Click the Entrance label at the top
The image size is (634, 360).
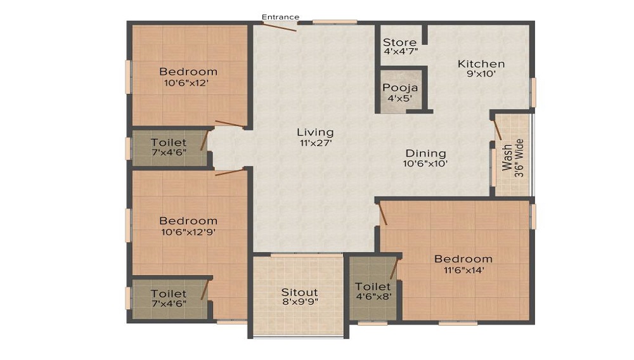[x=280, y=17]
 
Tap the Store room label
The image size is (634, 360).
[x=399, y=42]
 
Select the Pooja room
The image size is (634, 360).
[x=400, y=91]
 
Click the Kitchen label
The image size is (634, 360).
[x=481, y=64]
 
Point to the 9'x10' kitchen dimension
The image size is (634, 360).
[x=481, y=74]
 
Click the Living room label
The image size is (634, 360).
[x=315, y=132]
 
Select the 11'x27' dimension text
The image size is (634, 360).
[x=316, y=143]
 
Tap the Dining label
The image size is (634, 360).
[x=426, y=153]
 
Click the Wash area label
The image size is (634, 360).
[x=507, y=158]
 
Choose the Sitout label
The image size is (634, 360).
[x=300, y=292]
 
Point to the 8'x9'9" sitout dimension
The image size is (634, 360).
[x=300, y=302]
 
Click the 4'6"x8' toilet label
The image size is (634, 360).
[x=373, y=296]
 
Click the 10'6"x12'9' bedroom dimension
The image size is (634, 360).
[x=188, y=232]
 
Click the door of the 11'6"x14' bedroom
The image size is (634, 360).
[x=382, y=214]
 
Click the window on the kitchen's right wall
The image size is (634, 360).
[x=533, y=92]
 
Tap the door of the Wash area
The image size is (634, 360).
[x=498, y=130]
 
